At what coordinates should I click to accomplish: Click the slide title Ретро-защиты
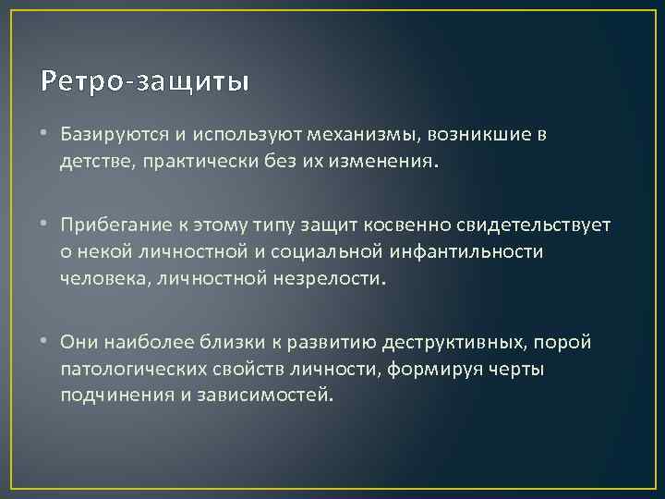coord(145,81)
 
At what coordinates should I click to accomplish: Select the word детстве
coord(93,162)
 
